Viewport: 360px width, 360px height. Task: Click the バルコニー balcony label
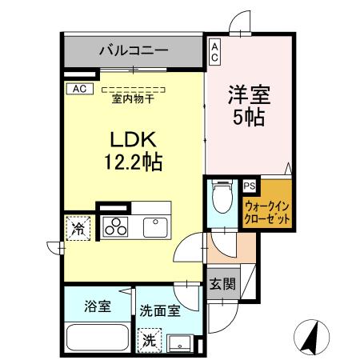tap(134, 50)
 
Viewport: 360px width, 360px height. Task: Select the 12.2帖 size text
tap(133, 162)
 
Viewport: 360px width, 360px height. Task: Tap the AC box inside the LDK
tap(79, 88)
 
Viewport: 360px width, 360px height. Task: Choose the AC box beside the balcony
tap(214, 54)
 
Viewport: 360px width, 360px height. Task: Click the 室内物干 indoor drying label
tap(134, 98)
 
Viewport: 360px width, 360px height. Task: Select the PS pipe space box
tap(250, 186)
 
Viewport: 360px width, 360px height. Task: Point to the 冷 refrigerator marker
tap(80, 227)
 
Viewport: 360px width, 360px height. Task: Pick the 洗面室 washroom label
tap(160, 308)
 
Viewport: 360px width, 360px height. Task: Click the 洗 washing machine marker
tap(148, 338)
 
